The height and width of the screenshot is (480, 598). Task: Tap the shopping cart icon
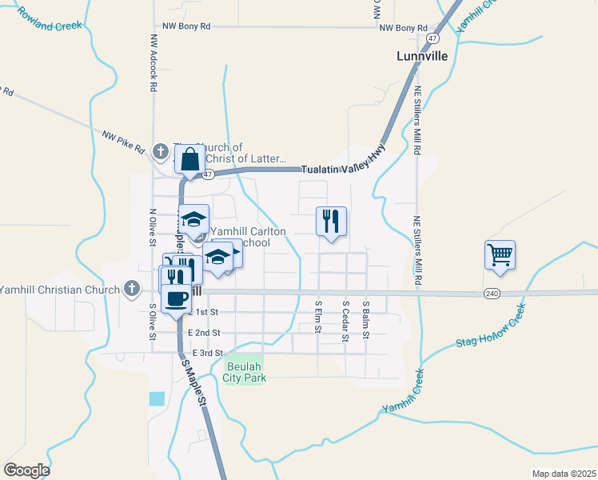pyautogui.click(x=500, y=256)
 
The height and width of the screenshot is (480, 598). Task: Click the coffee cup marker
pyautogui.click(x=176, y=299)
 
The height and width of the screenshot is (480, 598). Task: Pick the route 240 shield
pyautogui.click(x=492, y=294)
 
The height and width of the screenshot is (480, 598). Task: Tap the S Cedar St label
pyautogui.click(x=345, y=321)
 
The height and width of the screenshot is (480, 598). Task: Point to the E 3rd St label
pyautogui.click(x=200, y=353)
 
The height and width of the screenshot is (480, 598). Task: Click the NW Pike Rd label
pyautogui.click(x=123, y=141)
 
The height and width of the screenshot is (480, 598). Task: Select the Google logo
pyautogui.click(x=26, y=470)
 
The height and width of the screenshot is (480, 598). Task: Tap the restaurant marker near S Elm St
pyautogui.click(x=331, y=222)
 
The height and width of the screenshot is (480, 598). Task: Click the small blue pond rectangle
pyautogui.click(x=156, y=398)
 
